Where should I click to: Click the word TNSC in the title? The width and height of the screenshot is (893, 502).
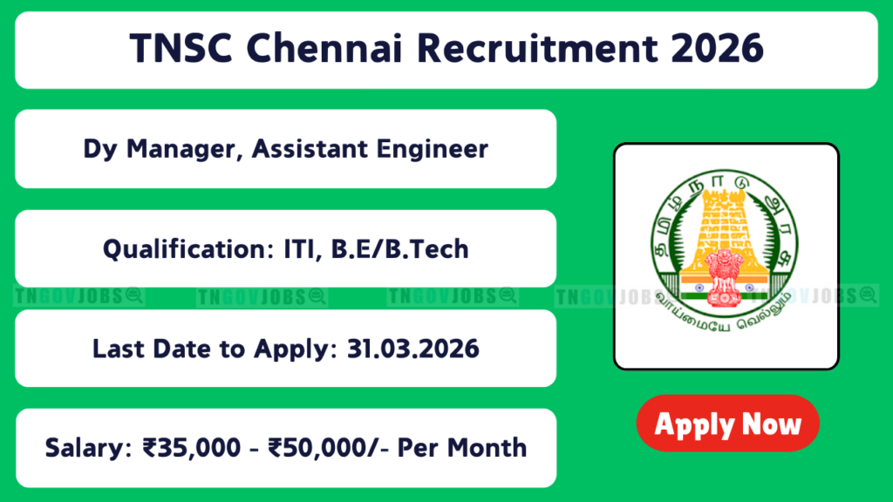(181, 49)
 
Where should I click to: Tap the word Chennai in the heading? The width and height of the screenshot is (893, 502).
(324, 49)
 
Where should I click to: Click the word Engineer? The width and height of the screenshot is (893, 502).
(432, 149)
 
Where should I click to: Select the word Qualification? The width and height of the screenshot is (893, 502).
(188, 249)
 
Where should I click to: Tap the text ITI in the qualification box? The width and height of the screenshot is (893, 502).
(299, 249)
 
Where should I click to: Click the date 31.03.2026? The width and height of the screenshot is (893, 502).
(412, 349)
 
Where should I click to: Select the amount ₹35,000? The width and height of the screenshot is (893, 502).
(192, 448)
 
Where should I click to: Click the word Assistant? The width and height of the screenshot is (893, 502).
(310, 149)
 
